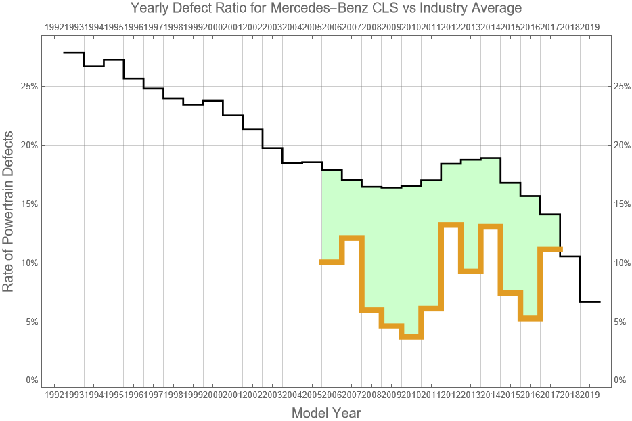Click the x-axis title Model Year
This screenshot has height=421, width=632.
(326, 412)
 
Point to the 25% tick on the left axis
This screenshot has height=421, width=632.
(28, 87)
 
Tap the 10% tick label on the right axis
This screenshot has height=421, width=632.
(621, 263)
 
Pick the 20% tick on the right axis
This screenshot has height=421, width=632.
(621, 145)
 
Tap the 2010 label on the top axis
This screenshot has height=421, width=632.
(411, 27)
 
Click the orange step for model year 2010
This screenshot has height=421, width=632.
(411, 336)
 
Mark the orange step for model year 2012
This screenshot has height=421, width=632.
(451, 225)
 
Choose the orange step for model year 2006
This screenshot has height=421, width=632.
(332, 262)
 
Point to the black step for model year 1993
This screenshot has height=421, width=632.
(93, 66)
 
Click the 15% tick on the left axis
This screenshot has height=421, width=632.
(28, 204)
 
